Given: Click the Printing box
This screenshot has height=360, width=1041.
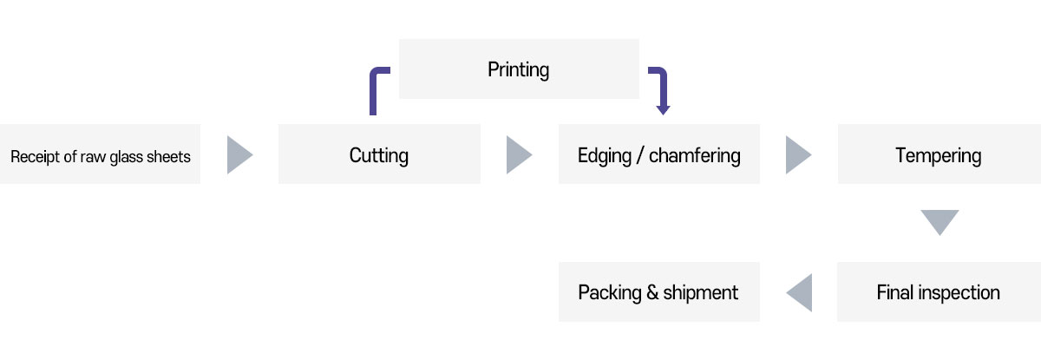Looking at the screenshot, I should click(519, 69).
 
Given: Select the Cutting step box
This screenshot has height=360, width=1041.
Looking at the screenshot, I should click(379, 154).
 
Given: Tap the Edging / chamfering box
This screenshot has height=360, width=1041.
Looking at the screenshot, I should click(659, 154).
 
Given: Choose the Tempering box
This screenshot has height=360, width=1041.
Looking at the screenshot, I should click(939, 154).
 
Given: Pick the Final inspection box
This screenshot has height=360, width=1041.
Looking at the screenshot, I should click(939, 292).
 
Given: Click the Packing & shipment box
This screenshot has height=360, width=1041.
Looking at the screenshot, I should click(659, 292).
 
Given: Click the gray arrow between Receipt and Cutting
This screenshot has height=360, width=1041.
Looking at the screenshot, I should click(239, 154).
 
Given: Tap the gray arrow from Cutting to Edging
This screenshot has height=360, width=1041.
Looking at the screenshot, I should click(519, 154).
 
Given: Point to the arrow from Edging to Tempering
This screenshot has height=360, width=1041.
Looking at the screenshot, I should click(798, 154).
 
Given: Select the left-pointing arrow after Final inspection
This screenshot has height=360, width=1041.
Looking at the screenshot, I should click(799, 292).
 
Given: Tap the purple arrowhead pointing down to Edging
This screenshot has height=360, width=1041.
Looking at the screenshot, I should click(663, 108).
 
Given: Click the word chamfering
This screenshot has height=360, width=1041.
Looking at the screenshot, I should click(695, 156).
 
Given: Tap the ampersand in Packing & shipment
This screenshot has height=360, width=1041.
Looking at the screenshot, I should click(651, 292).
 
